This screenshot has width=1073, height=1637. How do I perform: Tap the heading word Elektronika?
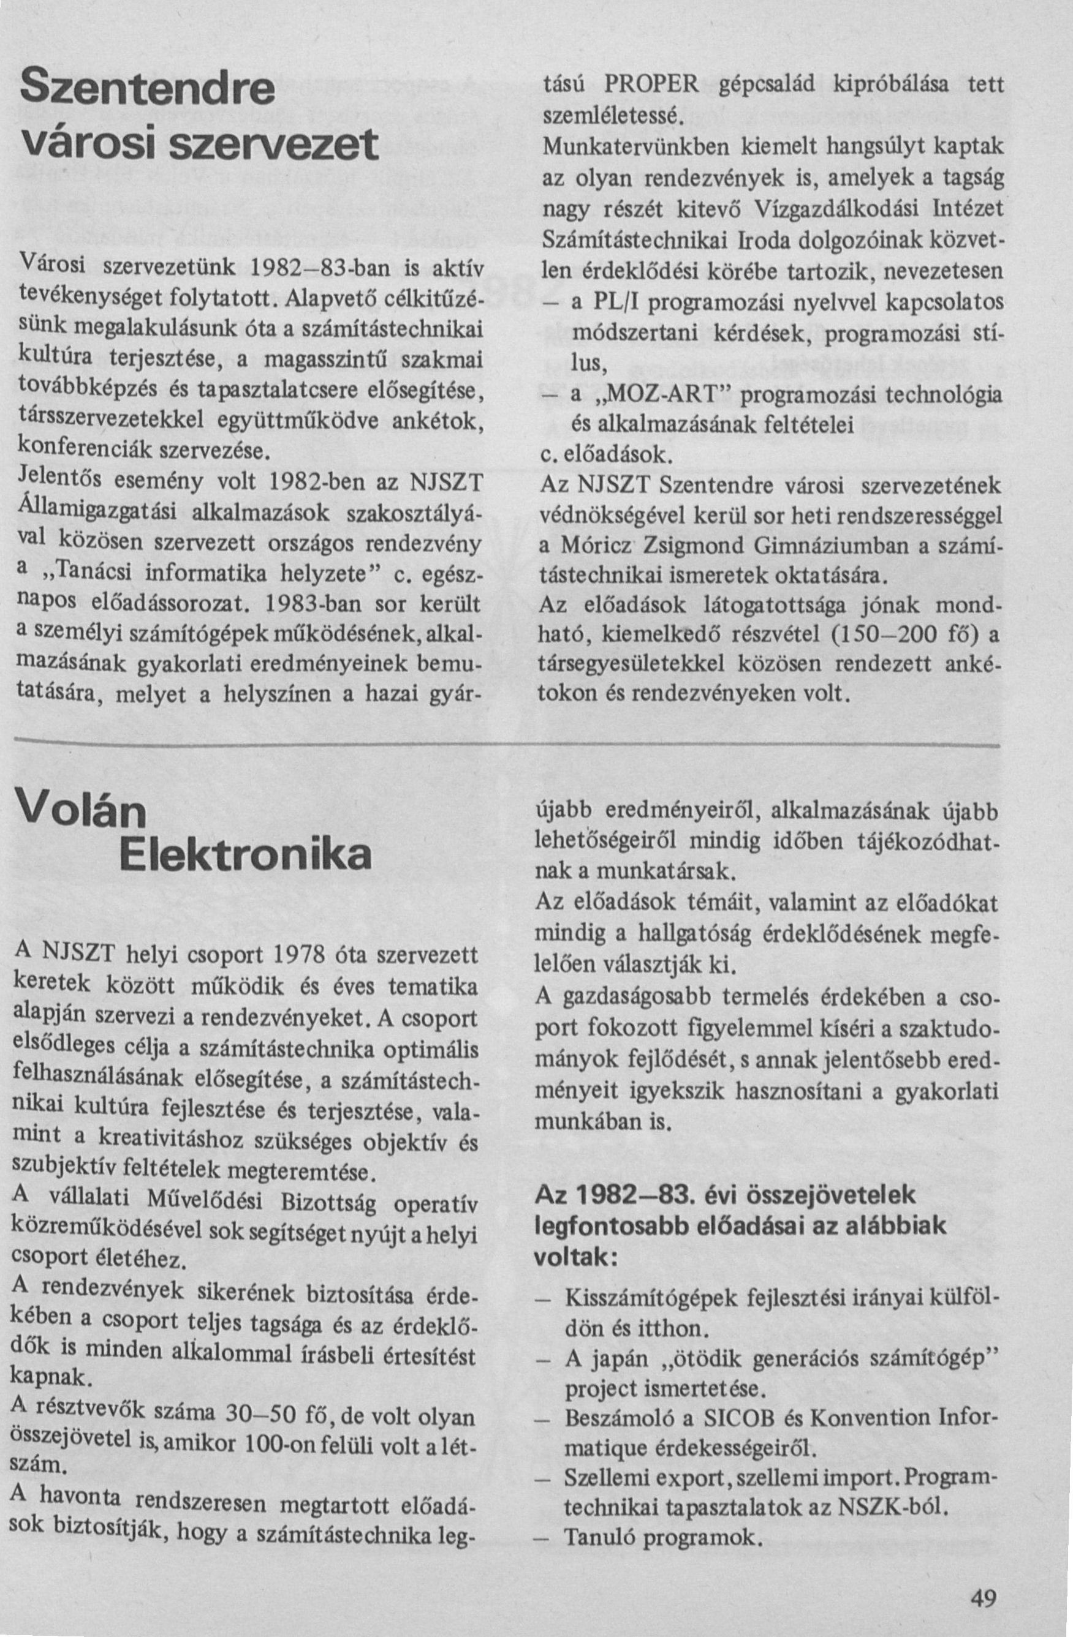(245, 855)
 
